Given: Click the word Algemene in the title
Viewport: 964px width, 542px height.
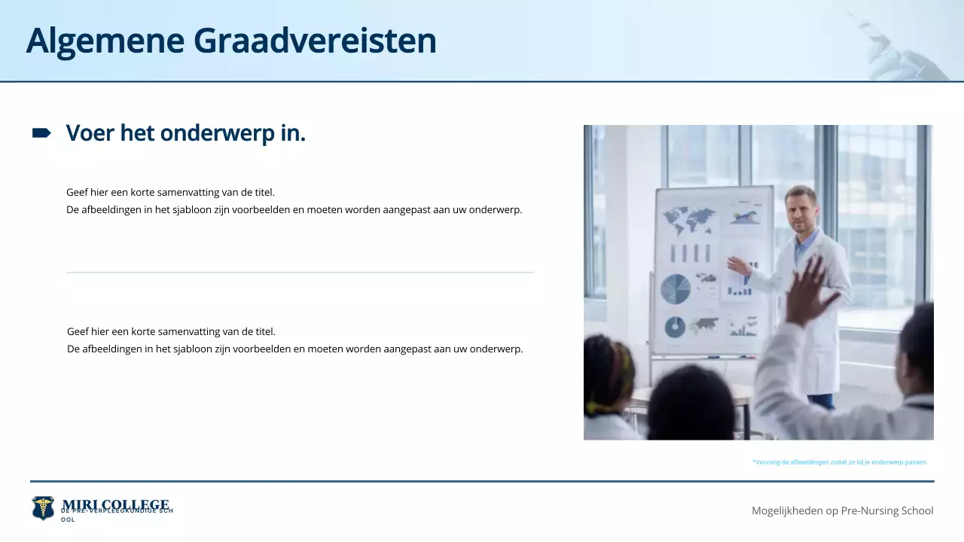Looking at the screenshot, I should (105, 41).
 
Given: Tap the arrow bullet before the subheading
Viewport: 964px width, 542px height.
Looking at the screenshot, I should (41, 133).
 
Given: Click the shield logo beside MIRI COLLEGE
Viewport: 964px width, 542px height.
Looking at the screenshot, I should (43, 508).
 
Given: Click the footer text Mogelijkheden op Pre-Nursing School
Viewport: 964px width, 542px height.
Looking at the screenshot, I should (842, 510).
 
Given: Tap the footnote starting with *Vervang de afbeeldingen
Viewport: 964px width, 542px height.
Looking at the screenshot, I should (840, 462).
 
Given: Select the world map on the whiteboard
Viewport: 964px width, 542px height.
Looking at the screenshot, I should (688, 221).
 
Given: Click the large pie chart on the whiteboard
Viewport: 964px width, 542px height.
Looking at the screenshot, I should (676, 289).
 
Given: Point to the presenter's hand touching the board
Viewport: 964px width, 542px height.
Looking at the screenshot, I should (736, 265).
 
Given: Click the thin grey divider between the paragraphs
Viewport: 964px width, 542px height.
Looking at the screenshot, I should (300, 272).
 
